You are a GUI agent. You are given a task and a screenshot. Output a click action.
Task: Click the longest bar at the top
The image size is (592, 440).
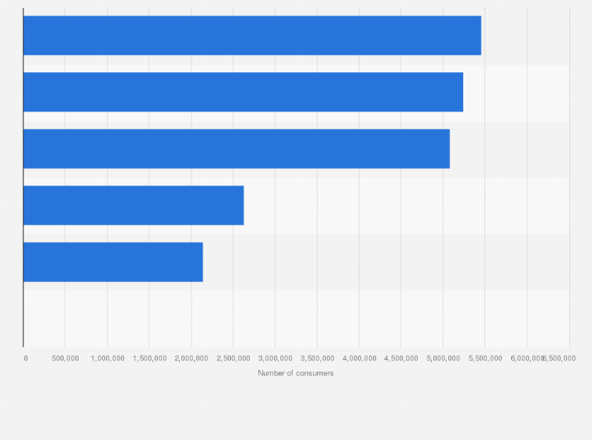pyautogui.click(x=251, y=35)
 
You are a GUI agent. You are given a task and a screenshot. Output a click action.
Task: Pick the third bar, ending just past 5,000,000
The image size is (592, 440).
pyautogui.click(x=236, y=148)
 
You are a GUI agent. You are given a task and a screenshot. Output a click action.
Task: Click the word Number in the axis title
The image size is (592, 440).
pyautogui.click(x=270, y=373)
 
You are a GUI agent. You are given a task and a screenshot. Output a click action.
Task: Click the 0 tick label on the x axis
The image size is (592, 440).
pyautogui.click(x=26, y=358)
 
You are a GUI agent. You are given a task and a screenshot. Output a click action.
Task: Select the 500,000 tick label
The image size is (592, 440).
pyautogui.click(x=65, y=358)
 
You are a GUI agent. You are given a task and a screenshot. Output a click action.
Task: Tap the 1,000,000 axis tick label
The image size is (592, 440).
pyautogui.click(x=108, y=358)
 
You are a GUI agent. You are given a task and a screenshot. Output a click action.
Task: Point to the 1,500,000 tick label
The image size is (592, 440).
pyautogui.click(x=149, y=358)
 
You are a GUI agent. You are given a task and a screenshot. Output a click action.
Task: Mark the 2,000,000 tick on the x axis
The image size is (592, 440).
pyautogui.click(x=192, y=358)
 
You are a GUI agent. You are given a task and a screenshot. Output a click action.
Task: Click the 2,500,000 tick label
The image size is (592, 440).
pyautogui.click(x=233, y=358)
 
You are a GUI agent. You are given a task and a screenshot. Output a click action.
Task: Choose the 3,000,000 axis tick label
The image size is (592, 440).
pyautogui.click(x=276, y=358)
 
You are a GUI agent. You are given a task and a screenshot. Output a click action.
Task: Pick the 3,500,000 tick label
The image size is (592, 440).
pyautogui.click(x=317, y=358)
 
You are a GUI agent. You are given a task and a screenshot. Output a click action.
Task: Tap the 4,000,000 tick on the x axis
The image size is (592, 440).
pyautogui.click(x=360, y=358)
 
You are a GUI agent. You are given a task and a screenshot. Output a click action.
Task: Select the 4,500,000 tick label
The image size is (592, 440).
pyautogui.click(x=401, y=358)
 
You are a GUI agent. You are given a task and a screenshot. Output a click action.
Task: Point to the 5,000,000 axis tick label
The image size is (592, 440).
pyautogui.click(x=444, y=358)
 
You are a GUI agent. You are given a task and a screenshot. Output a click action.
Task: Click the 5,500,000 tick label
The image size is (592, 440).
pyautogui.click(x=485, y=358)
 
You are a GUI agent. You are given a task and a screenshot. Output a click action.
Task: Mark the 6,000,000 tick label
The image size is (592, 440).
pyautogui.click(x=524, y=358)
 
